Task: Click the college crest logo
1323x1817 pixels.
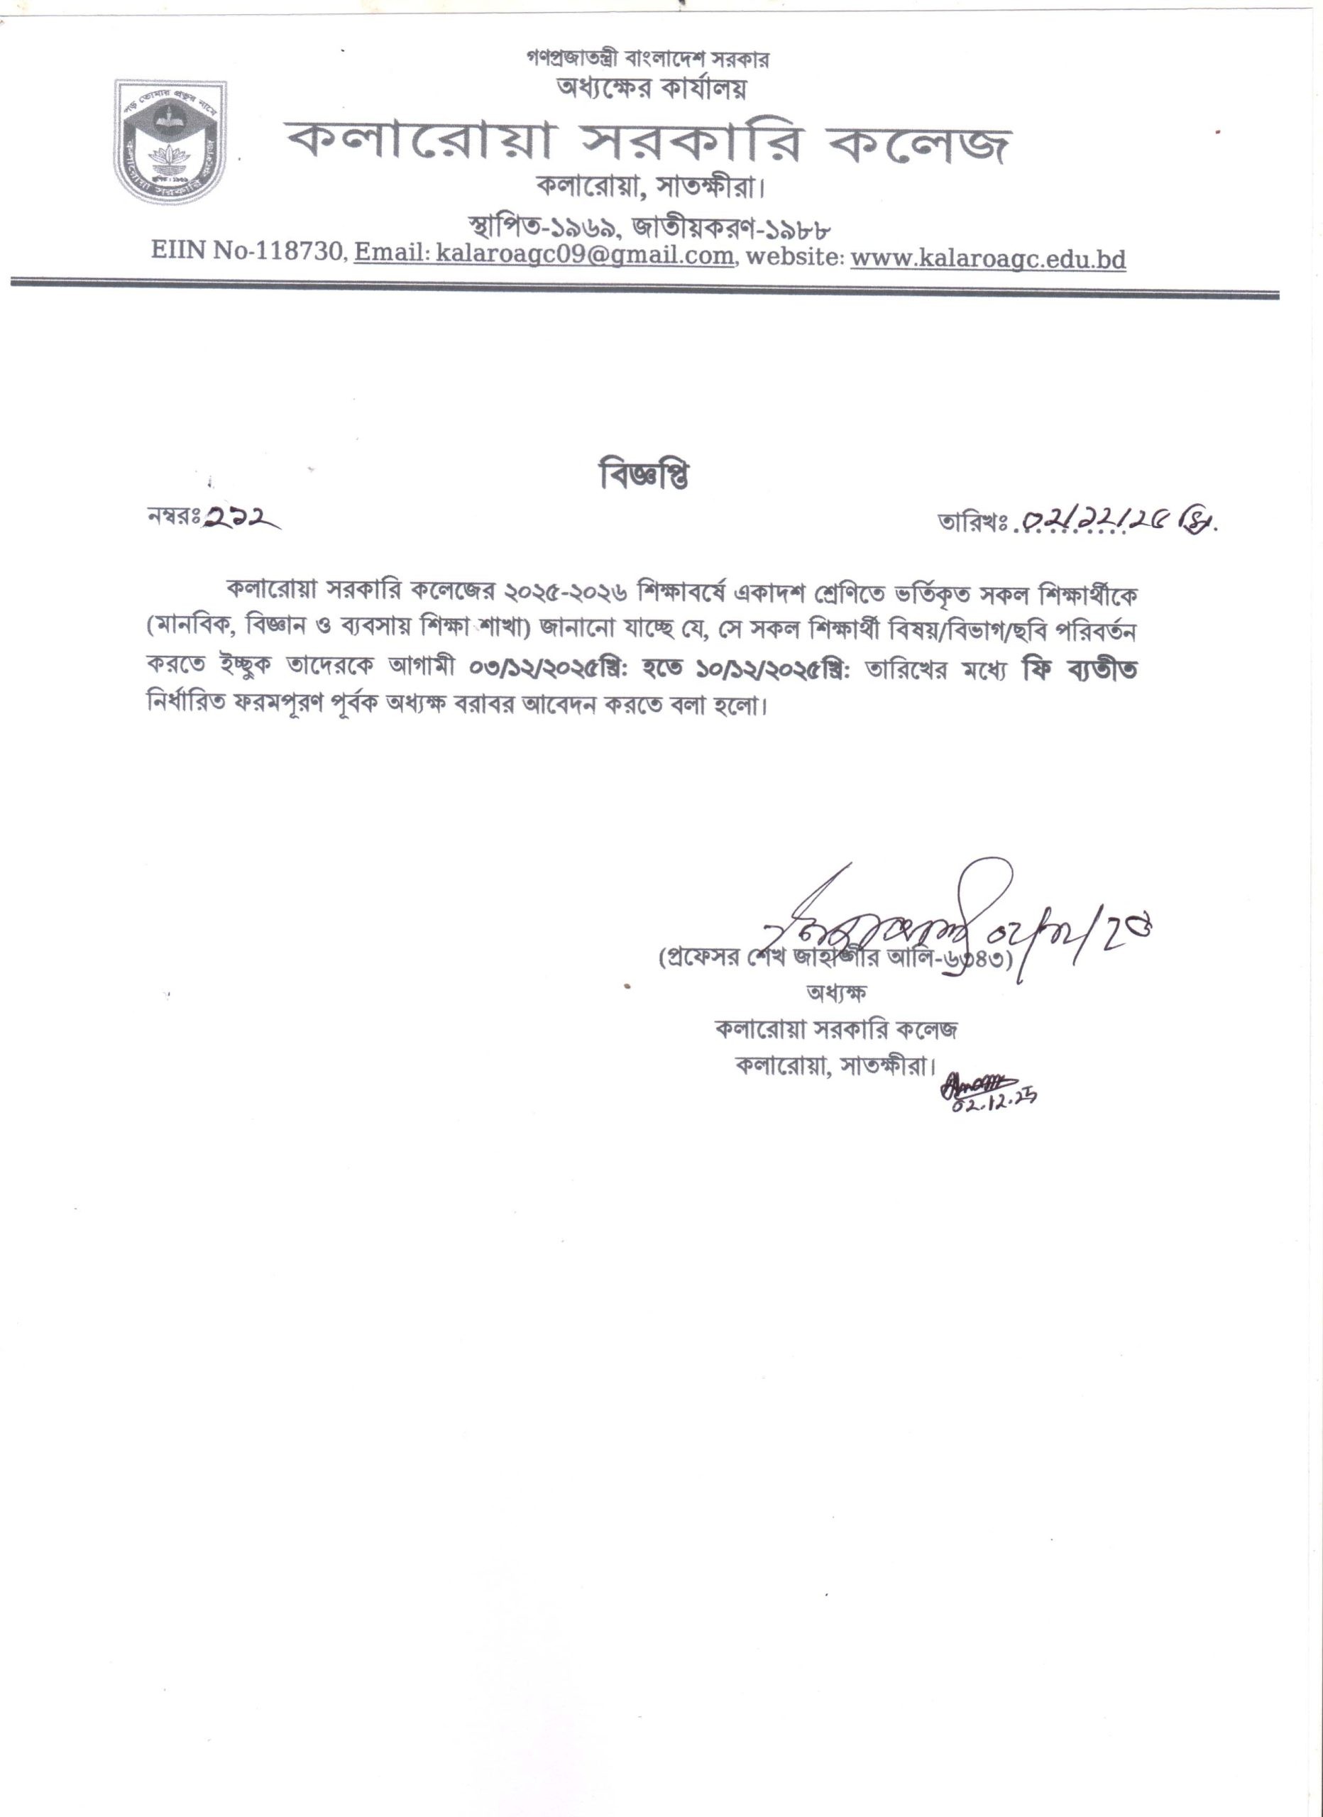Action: click(170, 141)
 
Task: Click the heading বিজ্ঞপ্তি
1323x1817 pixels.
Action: click(644, 477)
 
